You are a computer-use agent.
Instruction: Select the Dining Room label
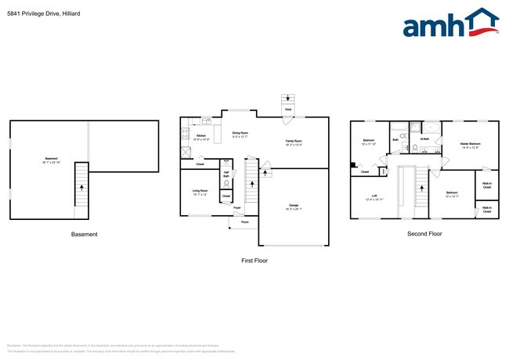click(240, 135)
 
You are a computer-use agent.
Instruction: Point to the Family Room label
click(294, 142)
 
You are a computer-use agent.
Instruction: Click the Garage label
click(294, 207)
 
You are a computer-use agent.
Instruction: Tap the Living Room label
click(200, 192)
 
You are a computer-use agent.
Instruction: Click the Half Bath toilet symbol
click(226, 185)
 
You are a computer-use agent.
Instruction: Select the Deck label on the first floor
click(287, 110)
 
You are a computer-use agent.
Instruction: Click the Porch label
click(244, 223)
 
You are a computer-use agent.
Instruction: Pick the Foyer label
click(237, 209)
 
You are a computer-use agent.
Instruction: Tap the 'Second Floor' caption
click(424, 234)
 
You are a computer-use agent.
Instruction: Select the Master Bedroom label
click(470, 145)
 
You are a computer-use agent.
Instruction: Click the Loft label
click(374, 197)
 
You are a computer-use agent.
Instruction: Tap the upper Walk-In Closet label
click(487, 187)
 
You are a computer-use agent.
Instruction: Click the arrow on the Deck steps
click(287, 99)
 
